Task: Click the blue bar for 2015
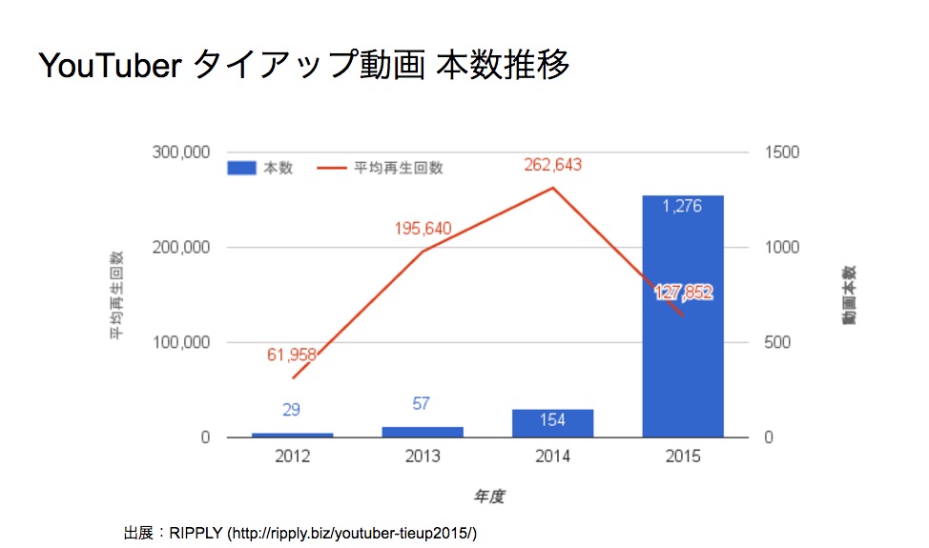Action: pyautogui.click(x=683, y=324)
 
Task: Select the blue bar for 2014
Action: pyautogui.click(x=552, y=423)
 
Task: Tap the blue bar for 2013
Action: pyautogui.click(x=423, y=432)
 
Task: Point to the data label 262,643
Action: pyautogui.click(x=552, y=165)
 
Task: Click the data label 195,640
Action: pyautogui.click(x=423, y=229)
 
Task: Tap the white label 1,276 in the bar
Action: pyautogui.click(x=683, y=206)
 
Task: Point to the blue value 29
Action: pyautogui.click(x=292, y=410)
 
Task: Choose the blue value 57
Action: pyautogui.click(x=423, y=403)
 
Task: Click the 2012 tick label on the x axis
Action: pyautogui.click(x=292, y=457)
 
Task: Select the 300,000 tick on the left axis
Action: pyautogui.click(x=181, y=152)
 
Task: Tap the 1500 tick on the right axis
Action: pyautogui.click(x=783, y=152)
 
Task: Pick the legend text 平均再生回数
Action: pyautogui.click(x=399, y=168)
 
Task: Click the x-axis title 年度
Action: pyautogui.click(x=489, y=496)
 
